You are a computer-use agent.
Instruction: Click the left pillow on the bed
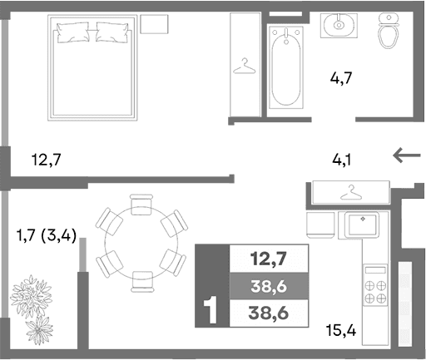73,34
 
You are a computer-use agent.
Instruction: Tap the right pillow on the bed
113,34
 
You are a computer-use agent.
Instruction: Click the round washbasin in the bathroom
339,24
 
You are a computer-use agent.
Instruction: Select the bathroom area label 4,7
342,80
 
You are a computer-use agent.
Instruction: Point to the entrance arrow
407,155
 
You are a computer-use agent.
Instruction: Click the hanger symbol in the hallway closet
351,194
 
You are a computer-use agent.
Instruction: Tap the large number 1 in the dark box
211,310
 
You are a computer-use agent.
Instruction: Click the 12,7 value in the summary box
269,258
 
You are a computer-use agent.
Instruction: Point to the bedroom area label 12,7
47,158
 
